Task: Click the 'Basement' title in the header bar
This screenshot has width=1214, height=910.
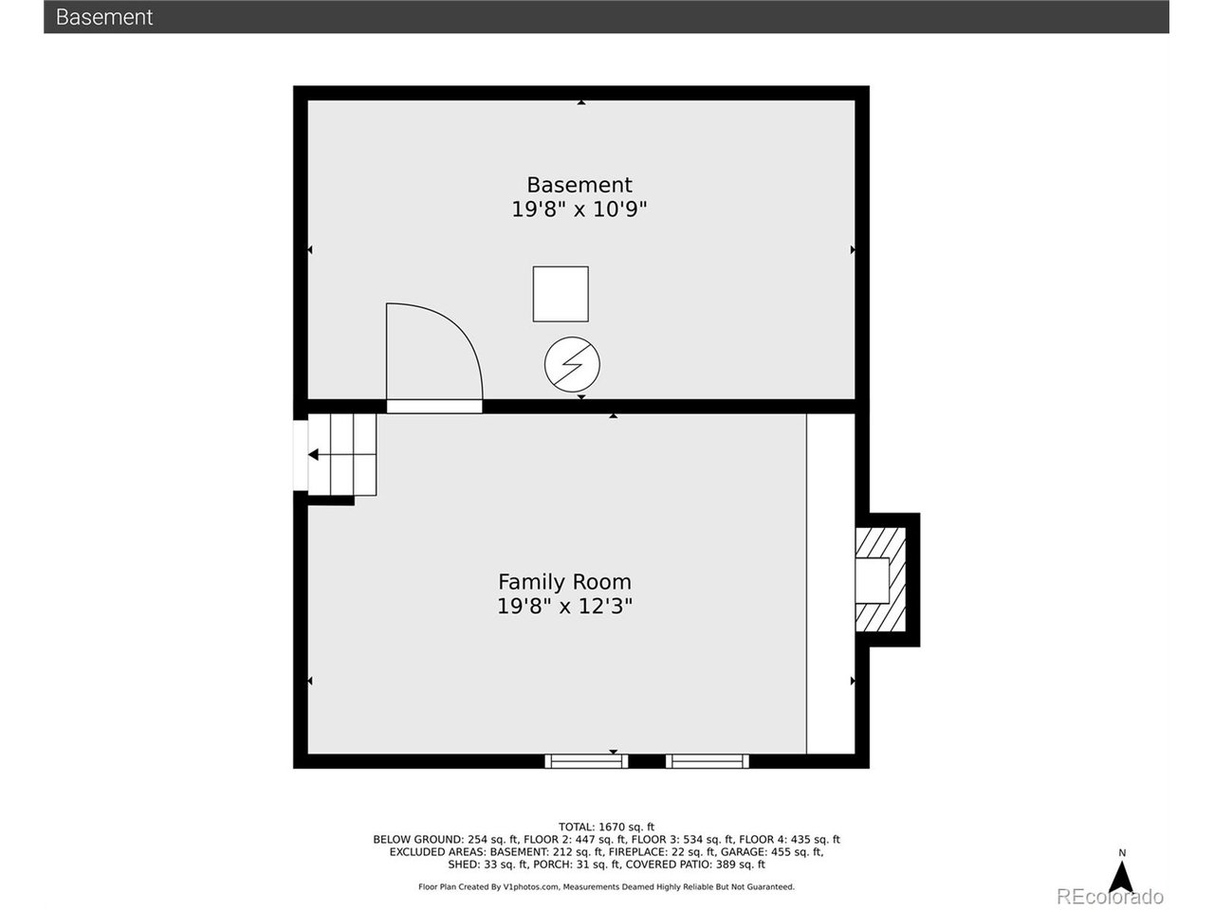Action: [x=104, y=17]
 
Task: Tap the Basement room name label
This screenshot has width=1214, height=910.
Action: [x=579, y=185]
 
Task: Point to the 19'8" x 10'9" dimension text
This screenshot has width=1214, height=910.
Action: [x=579, y=209]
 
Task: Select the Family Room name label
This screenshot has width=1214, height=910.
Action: [x=564, y=582]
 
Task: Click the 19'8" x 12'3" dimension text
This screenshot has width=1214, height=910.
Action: [x=564, y=607]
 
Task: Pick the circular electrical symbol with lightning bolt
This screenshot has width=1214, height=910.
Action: [x=572, y=364]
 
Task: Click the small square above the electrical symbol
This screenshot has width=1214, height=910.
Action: [x=561, y=294]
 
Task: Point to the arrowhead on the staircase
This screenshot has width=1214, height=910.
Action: [x=313, y=455]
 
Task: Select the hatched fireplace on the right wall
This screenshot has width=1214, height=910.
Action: [x=880, y=579]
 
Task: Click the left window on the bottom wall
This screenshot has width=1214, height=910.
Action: [x=586, y=760]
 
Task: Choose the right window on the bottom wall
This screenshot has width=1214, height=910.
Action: [x=708, y=760]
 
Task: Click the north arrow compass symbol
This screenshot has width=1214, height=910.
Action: [x=1122, y=876]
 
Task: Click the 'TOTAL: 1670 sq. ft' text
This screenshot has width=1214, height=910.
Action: [x=606, y=827]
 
